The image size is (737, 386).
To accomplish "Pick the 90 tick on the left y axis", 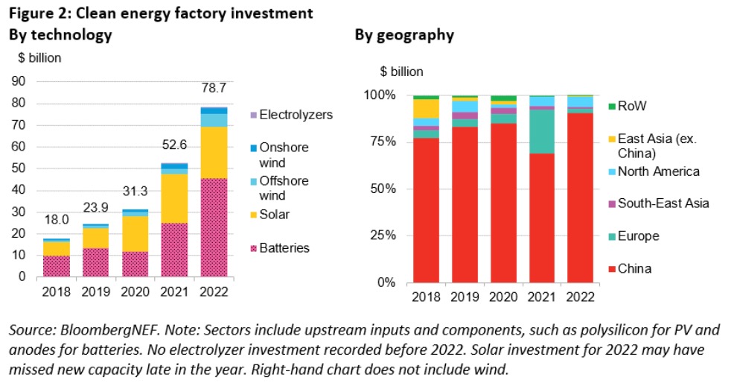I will point(20,81).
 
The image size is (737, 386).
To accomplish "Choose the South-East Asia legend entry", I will point(663,203).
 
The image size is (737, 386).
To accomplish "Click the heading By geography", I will point(404,35).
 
